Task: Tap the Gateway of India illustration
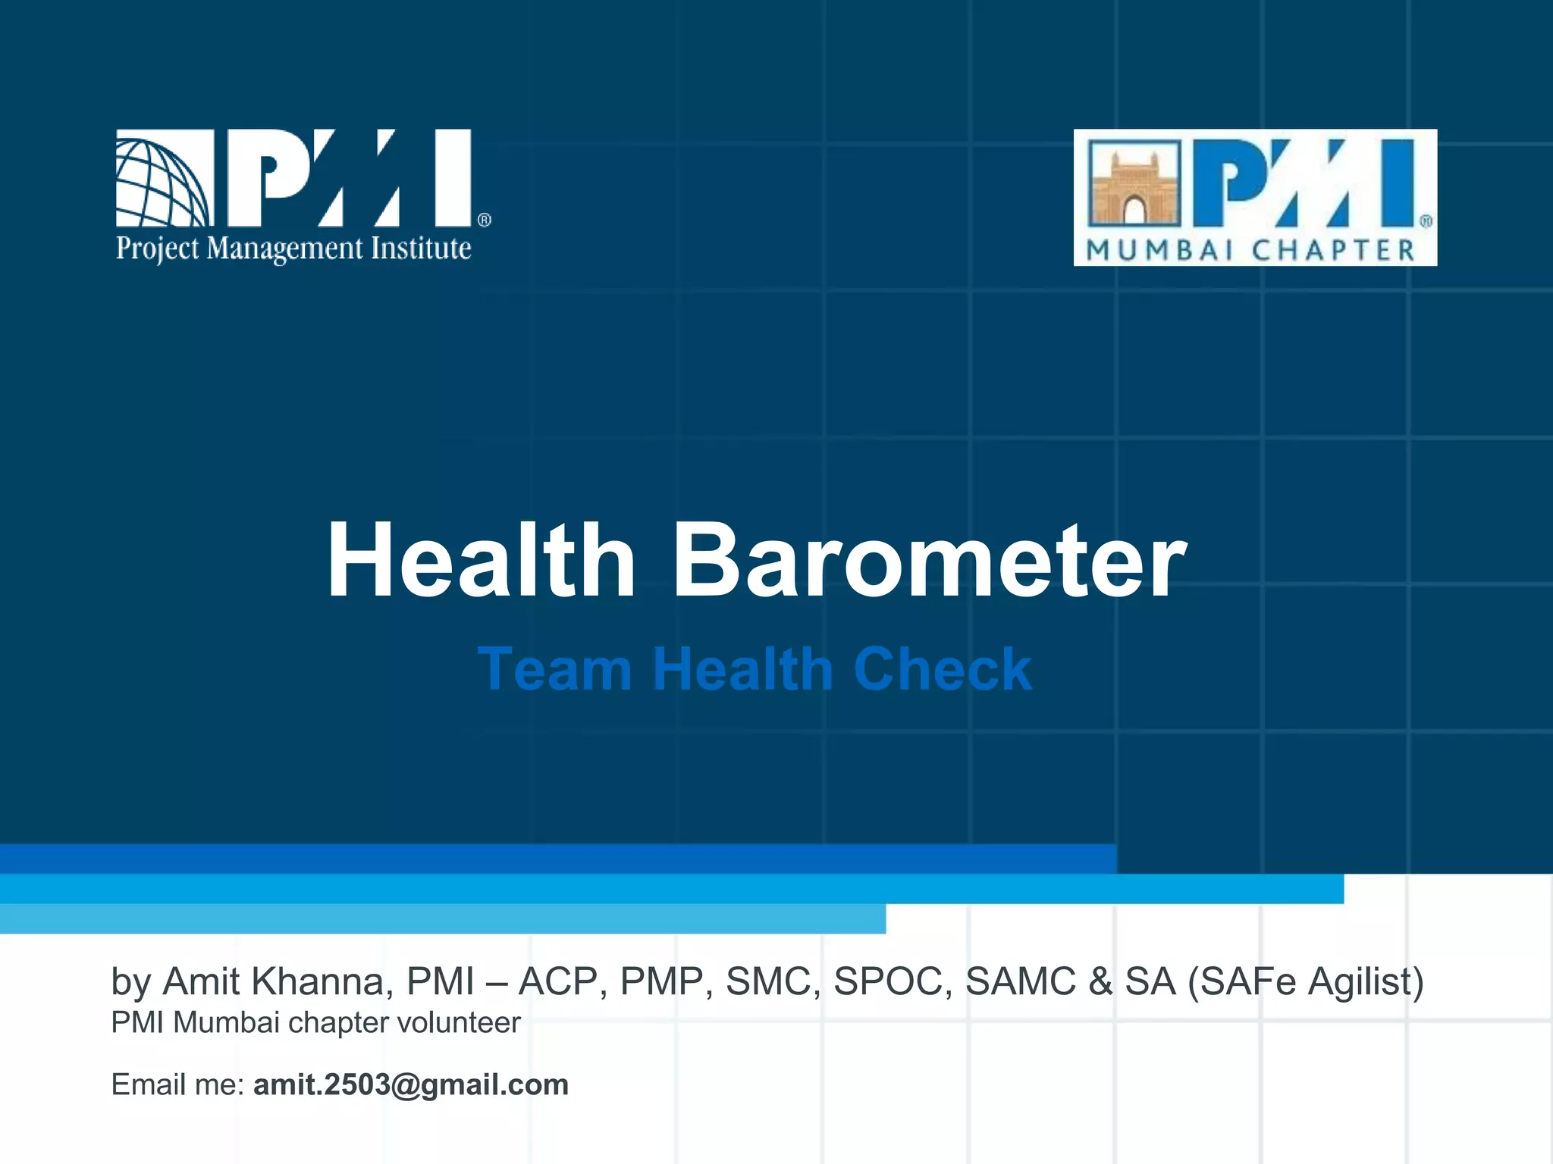tap(1134, 183)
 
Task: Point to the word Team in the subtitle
tap(555, 670)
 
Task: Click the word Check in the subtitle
tap(943, 670)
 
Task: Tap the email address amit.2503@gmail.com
tap(411, 1084)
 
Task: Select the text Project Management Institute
tap(293, 249)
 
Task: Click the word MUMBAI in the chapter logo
tap(1160, 251)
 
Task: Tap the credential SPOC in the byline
tap(893, 981)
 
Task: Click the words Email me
tap(177, 1084)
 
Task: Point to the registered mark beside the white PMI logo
tap(485, 220)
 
